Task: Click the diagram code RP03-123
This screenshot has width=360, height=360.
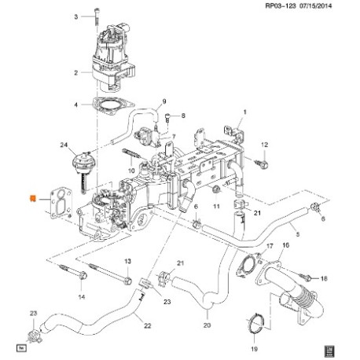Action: click(x=281, y=6)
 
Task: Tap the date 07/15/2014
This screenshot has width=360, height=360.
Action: click(x=315, y=6)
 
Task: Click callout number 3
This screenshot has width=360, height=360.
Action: click(x=76, y=17)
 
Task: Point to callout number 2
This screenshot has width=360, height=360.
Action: click(x=76, y=72)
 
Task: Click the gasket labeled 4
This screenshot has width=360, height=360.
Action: click(x=113, y=105)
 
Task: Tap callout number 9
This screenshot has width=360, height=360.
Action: click(x=164, y=101)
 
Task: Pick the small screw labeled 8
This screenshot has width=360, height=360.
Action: click(x=168, y=118)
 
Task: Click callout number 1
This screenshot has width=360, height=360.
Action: click(x=245, y=112)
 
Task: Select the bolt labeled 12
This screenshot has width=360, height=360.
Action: click(x=262, y=163)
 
